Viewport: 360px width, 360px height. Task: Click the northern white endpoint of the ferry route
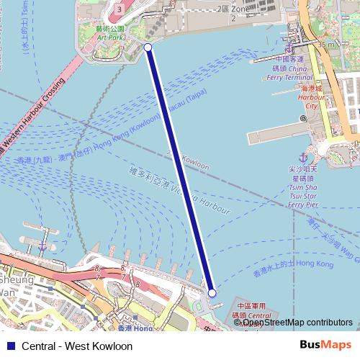[148, 48]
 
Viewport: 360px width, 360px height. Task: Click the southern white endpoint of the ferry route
[212, 293]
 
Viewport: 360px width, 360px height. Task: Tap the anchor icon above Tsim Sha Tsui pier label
[304, 157]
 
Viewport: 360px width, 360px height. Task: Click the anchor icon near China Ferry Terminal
[289, 48]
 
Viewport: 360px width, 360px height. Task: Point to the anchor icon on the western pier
[43, 246]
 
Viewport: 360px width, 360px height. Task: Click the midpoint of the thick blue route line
[180, 170]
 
